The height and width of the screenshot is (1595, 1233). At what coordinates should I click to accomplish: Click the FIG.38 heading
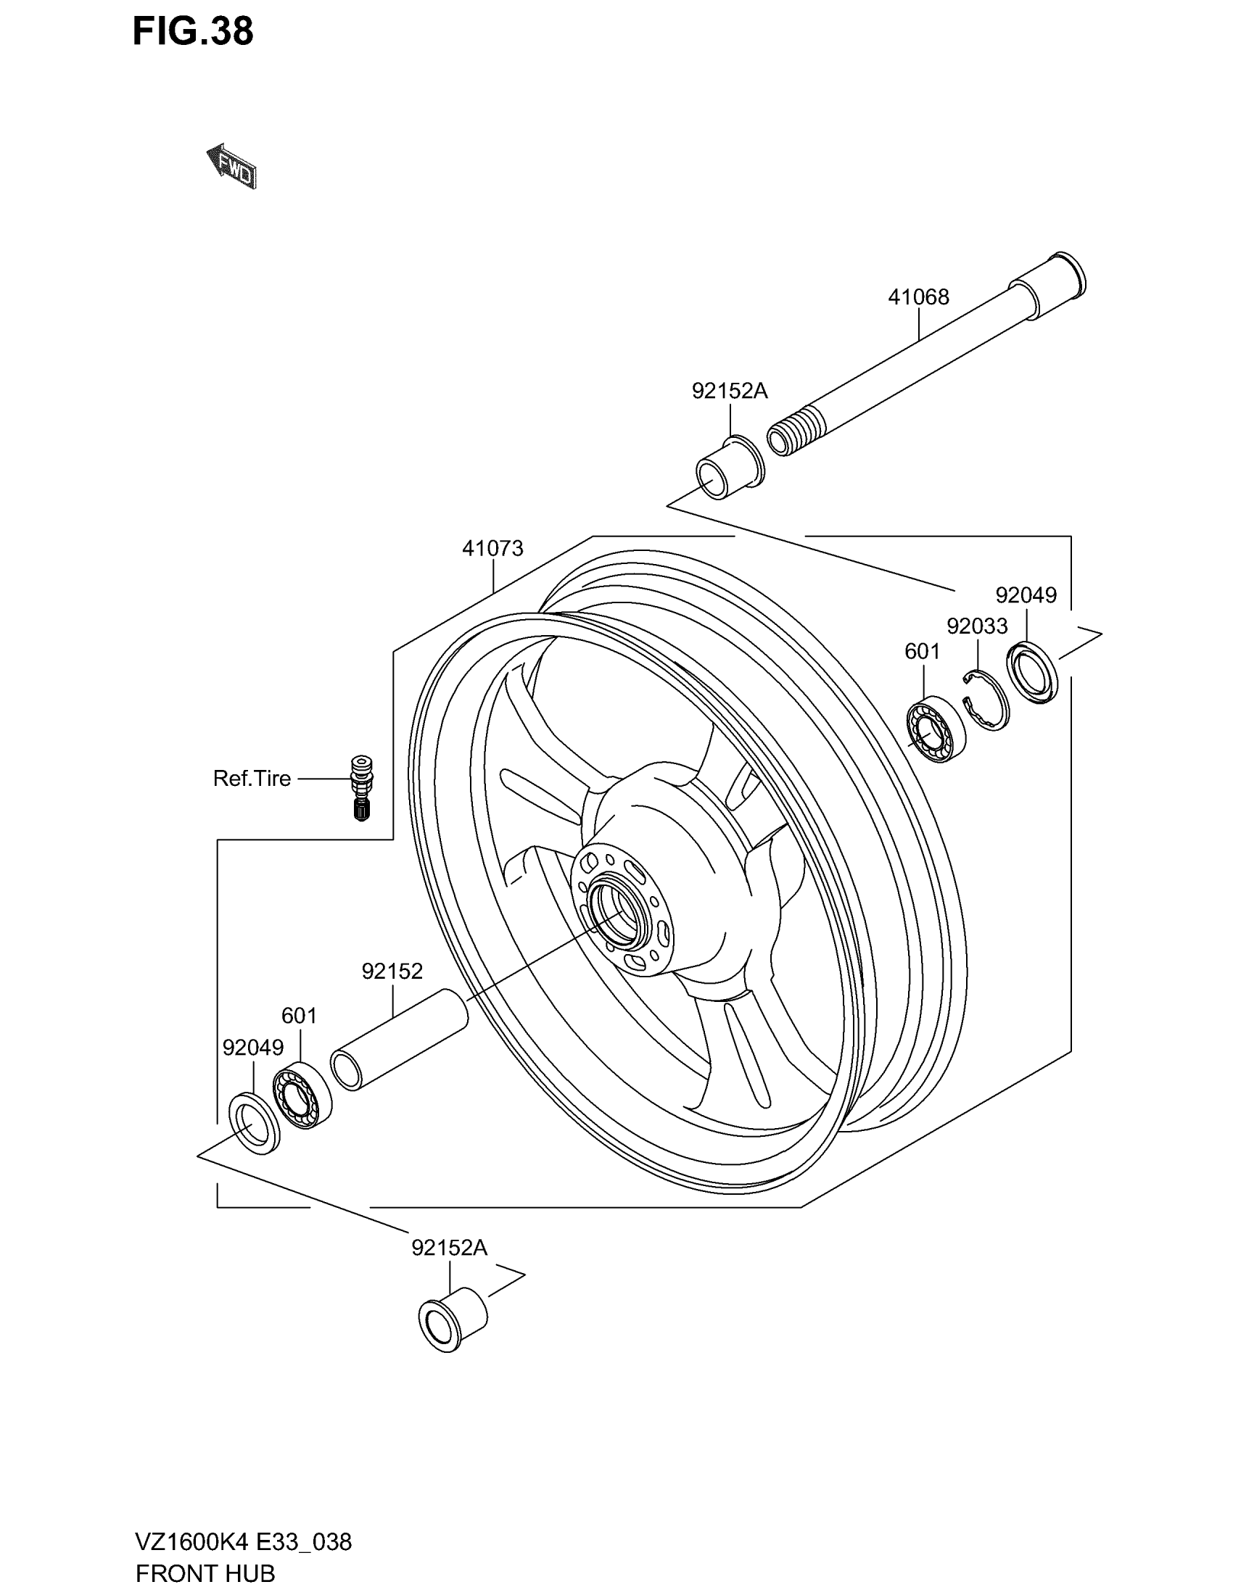pos(193,31)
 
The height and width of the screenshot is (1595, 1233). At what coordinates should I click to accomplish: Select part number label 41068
pos(918,297)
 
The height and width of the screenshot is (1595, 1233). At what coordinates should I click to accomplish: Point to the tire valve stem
pos(361,788)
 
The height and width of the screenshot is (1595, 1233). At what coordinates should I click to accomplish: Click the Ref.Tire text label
pos(251,779)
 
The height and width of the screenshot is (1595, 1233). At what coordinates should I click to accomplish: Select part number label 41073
pos(492,549)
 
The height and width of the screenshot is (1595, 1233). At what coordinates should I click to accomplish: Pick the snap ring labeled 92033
pos(986,700)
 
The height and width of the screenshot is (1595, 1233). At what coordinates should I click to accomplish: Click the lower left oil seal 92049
pos(254,1123)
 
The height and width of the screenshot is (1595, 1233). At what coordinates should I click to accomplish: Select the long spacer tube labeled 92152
pos(399,1039)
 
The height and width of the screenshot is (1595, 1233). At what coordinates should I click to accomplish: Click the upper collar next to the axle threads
pos(728,468)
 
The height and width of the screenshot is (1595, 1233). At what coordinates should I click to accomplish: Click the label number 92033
pos(977,626)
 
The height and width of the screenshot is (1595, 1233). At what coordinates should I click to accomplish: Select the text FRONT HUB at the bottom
pos(205,1573)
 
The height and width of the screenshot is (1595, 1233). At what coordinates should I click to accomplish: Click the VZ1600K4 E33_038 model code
pos(243,1541)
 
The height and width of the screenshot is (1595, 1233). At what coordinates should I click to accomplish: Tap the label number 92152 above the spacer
pos(392,971)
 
